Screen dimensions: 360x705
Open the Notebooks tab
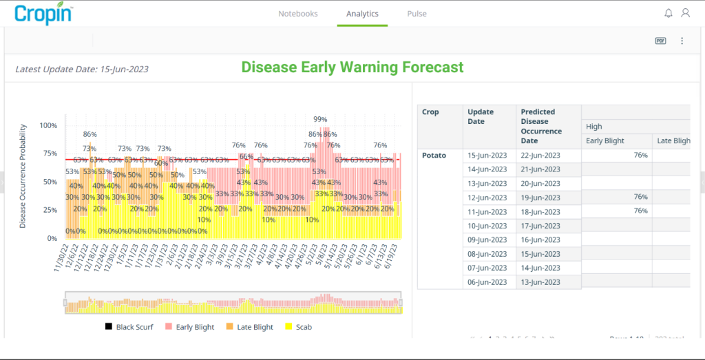(x=297, y=14)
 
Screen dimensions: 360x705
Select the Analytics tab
(x=362, y=14)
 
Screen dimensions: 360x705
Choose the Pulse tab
(x=417, y=14)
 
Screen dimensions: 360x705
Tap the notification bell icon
(x=669, y=13)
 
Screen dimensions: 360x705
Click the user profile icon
(x=685, y=13)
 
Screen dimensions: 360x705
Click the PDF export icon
(x=660, y=41)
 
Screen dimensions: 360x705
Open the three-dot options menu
(x=682, y=41)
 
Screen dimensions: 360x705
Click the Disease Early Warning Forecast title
(x=352, y=67)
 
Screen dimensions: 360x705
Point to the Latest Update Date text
(x=82, y=70)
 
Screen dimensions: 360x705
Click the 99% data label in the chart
(x=320, y=120)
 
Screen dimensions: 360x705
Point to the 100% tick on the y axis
(x=48, y=126)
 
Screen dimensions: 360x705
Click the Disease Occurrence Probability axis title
(x=23, y=176)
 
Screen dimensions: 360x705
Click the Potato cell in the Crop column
(x=434, y=156)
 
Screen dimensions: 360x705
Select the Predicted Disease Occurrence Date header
(x=541, y=126)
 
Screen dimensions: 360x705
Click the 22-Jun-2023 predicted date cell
(x=541, y=156)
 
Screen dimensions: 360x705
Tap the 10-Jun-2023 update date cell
(x=487, y=226)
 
